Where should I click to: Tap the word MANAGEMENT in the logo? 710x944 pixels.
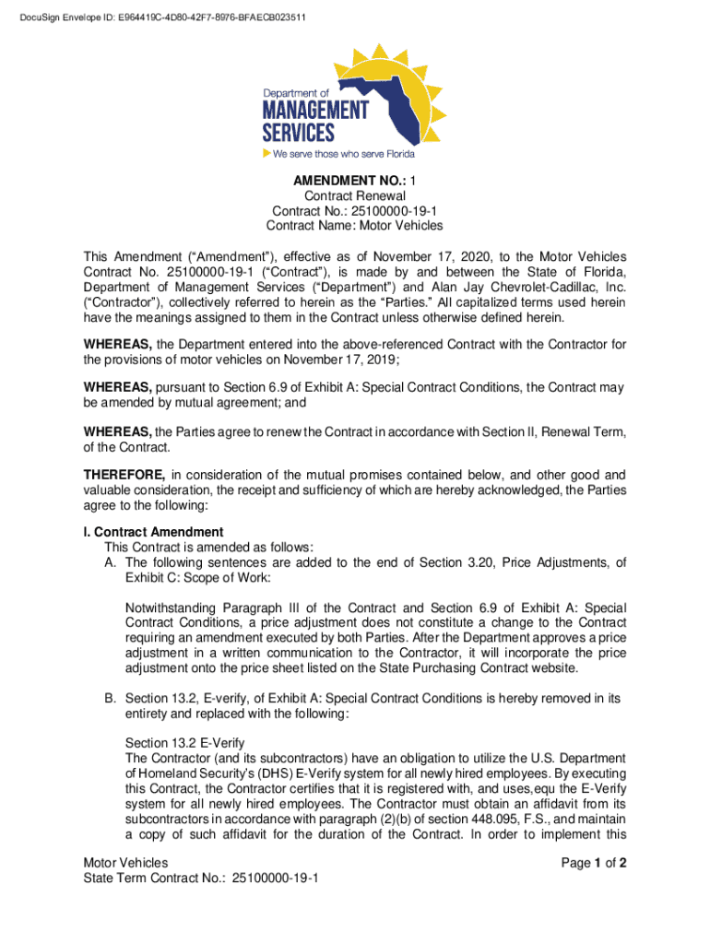click(315, 111)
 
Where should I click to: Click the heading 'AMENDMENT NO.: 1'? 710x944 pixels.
click(354, 181)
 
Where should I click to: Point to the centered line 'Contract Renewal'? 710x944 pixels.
click(354, 196)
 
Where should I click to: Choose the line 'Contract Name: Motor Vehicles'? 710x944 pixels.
click(354, 226)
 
